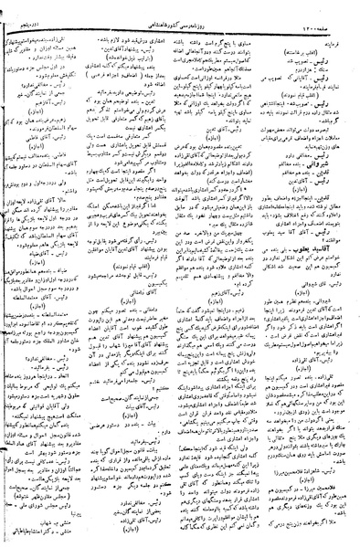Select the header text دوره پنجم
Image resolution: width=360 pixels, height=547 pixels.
[x=32, y=8]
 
